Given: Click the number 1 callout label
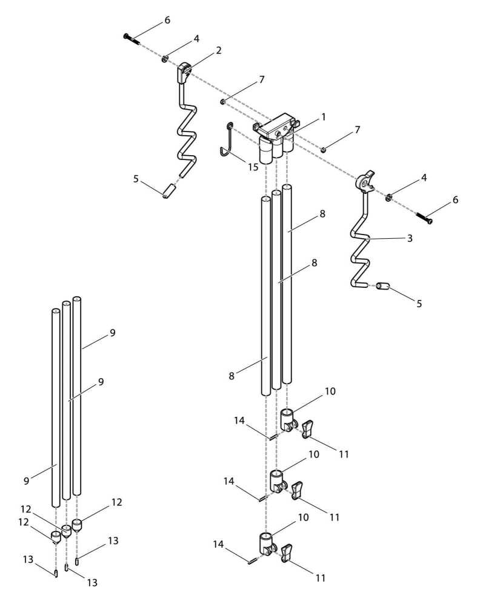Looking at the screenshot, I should point(324,116).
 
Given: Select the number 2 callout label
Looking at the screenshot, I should point(219,50).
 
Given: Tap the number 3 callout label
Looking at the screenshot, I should point(410,238).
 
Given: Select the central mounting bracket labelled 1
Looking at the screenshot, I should point(276,130).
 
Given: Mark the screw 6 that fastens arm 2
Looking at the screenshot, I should point(131,39).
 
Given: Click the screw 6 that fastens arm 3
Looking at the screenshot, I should point(424,217).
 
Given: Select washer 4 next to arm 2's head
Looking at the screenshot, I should point(164,59).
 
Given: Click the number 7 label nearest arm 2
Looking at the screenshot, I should point(261,79).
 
